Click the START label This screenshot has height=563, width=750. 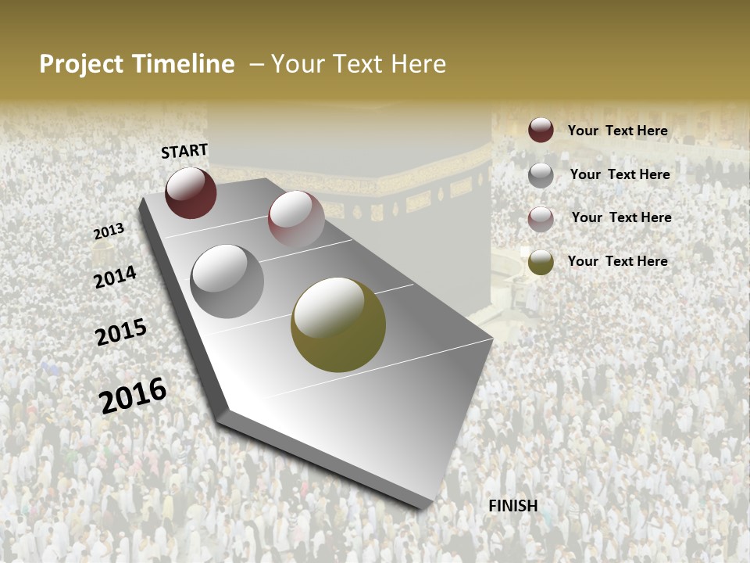(x=184, y=151)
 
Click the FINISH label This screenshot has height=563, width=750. (x=513, y=506)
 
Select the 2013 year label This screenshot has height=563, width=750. (x=109, y=231)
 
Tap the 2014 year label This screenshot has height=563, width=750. (x=115, y=278)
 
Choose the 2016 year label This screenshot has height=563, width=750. (x=133, y=395)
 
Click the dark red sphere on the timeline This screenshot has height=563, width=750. (x=191, y=192)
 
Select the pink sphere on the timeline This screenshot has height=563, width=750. (x=296, y=219)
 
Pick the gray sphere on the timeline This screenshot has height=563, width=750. (x=227, y=281)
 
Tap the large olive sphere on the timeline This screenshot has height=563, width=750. (x=338, y=325)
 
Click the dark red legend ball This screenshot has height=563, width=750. (x=541, y=131)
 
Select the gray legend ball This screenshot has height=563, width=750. (x=541, y=175)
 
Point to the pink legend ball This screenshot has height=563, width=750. (x=541, y=218)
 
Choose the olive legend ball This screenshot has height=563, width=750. (x=541, y=262)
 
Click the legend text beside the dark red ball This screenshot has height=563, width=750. (x=618, y=131)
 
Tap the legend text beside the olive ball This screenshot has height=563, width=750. (x=618, y=261)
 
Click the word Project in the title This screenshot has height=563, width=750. (x=82, y=64)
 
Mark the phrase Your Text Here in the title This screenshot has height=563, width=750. (x=359, y=64)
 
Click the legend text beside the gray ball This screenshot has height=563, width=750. (x=620, y=174)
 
